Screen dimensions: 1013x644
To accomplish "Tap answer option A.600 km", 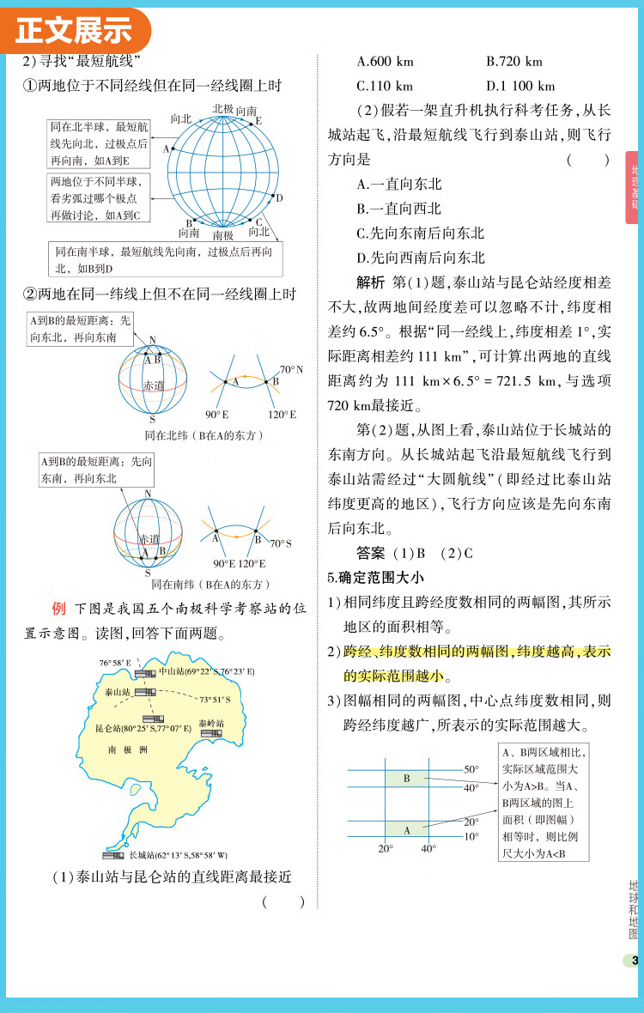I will tap(385, 62).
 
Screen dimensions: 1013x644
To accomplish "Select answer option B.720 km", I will tap(514, 62).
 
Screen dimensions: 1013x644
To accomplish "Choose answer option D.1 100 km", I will tap(520, 86).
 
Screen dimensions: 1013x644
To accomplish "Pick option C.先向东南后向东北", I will tap(421, 233).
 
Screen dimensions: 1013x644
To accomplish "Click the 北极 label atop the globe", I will tap(223, 108).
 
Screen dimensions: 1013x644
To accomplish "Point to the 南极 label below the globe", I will tap(223, 235).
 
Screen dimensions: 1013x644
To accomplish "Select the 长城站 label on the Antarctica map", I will tap(178, 855).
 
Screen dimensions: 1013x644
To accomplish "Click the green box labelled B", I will tap(406, 779).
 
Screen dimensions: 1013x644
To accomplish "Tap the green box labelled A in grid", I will tap(406, 829).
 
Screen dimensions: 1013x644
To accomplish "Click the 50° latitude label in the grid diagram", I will tap(471, 769).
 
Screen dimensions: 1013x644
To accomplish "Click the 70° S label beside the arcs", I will tap(281, 543).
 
